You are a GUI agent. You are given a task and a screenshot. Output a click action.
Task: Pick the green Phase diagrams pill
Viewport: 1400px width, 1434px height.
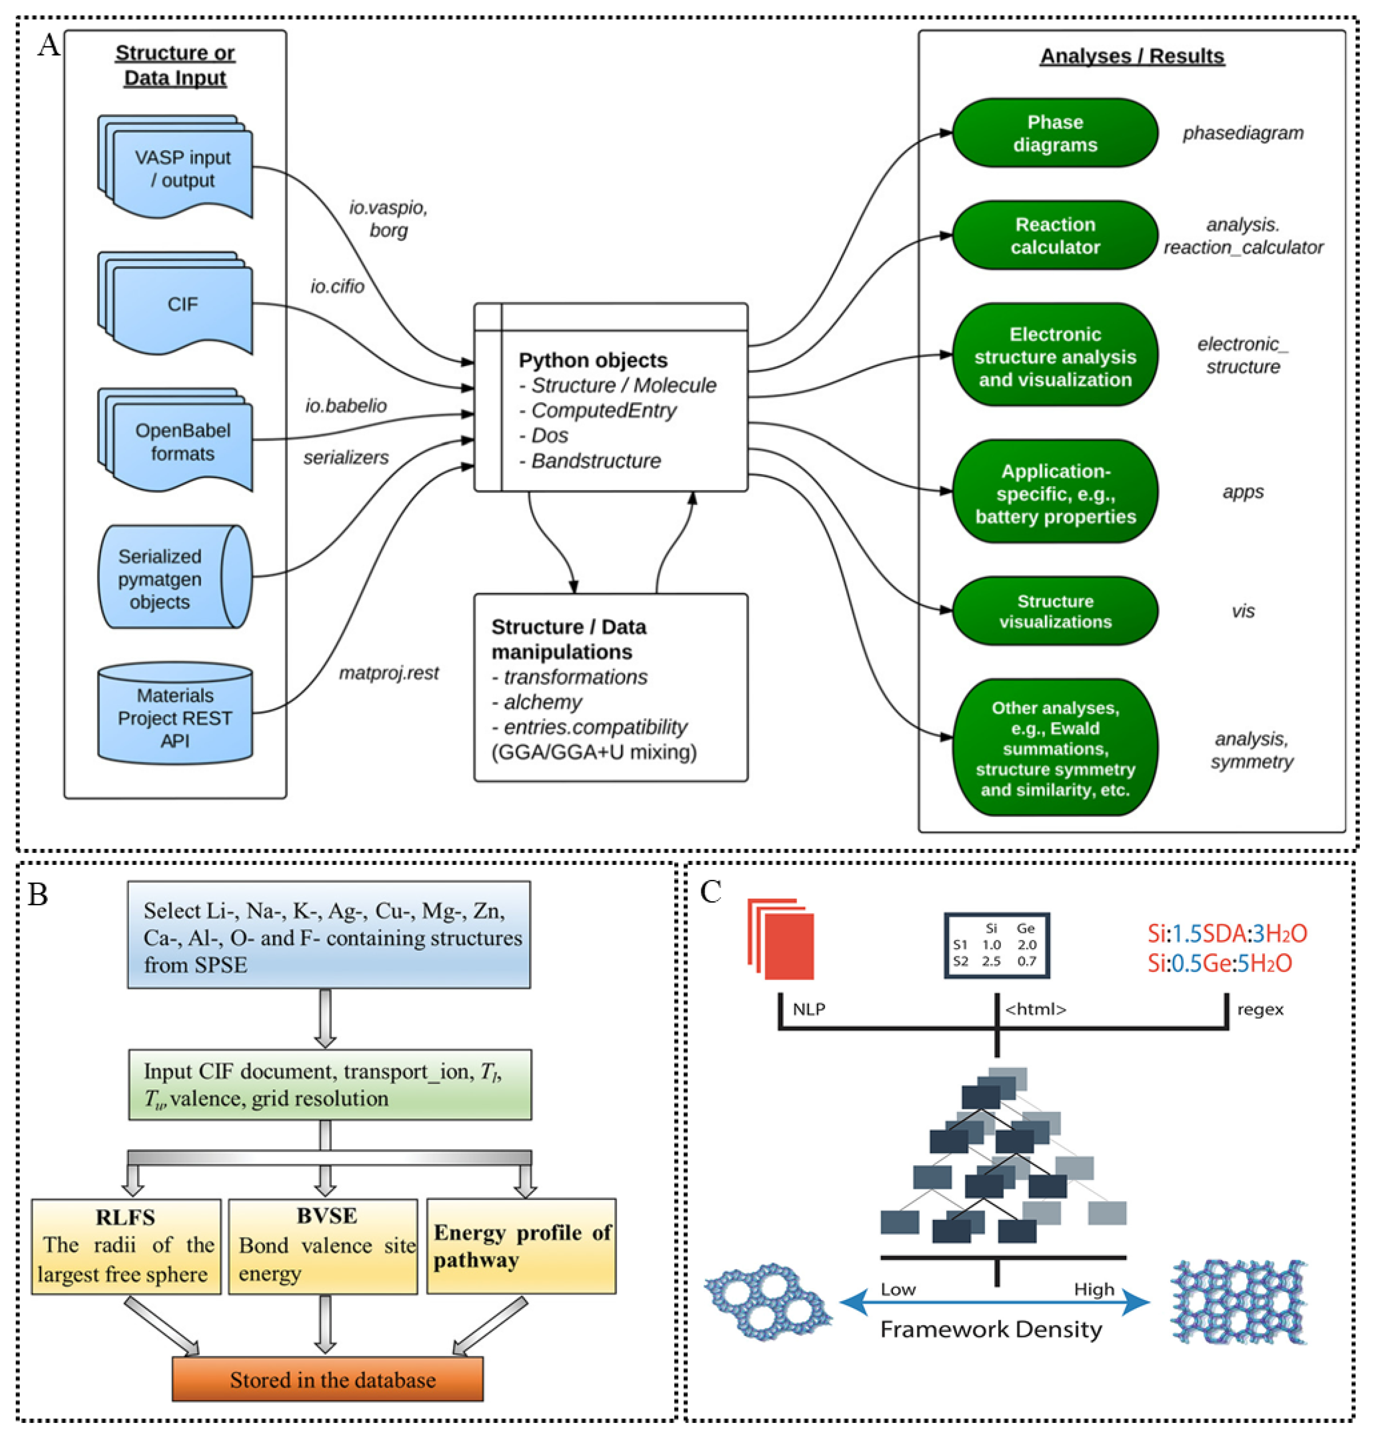(1055, 133)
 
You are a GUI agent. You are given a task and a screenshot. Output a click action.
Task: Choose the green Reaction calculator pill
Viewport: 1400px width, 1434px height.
(1055, 235)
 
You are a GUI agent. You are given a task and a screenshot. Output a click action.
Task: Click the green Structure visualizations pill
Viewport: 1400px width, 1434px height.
(1055, 611)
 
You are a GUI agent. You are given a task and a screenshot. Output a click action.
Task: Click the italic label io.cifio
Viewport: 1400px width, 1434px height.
(337, 286)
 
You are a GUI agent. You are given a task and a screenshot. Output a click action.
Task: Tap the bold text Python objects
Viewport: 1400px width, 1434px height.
(593, 360)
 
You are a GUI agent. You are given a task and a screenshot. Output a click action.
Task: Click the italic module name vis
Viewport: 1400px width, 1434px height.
(1243, 611)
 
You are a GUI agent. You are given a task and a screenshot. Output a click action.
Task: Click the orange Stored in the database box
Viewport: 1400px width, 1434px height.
(328, 1380)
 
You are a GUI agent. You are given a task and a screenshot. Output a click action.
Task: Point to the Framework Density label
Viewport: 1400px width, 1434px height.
(990, 1329)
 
